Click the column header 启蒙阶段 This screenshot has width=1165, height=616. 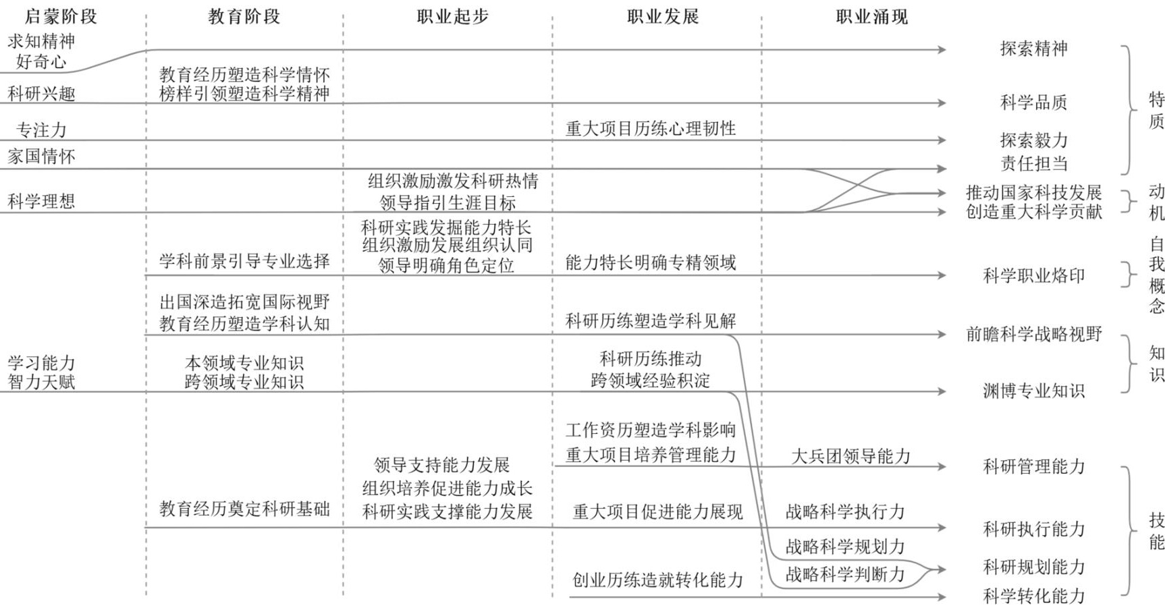tap(61, 16)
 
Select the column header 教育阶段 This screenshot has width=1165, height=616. tap(244, 16)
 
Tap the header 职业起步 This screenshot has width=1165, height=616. tap(452, 16)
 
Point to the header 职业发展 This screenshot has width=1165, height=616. tap(663, 16)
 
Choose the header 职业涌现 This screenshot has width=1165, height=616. tap(872, 16)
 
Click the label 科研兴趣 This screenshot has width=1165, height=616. tap(41, 93)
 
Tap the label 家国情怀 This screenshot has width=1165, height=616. tap(41, 157)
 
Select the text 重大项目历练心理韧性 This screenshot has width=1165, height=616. tap(651, 128)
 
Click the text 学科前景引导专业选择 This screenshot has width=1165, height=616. tap(244, 261)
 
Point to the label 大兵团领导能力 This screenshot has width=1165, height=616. tap(851, 456)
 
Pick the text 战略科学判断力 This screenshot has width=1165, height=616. tap(845, 574)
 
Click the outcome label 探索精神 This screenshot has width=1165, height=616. tap(1033, 49)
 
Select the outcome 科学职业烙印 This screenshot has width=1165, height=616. tap(1033, 275)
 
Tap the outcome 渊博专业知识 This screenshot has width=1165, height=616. tap(1033, 391)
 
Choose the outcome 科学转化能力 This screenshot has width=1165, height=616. tap(1033, 596)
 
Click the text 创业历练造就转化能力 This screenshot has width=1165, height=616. tap(657, 580)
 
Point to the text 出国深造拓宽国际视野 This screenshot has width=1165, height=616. tap(244, 302)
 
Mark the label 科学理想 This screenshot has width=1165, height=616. tap(41, 201)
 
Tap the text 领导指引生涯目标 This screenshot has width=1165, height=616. tap(448, 202)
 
